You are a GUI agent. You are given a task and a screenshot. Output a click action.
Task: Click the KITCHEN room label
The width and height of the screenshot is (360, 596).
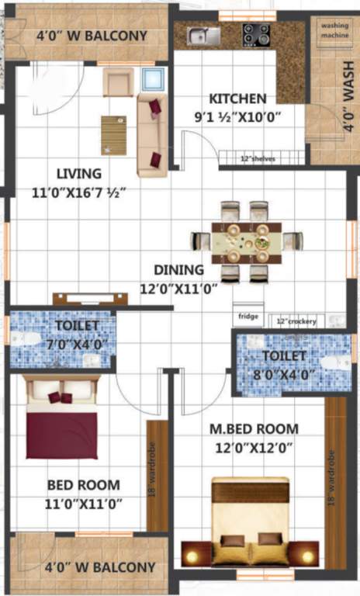pos(238,99)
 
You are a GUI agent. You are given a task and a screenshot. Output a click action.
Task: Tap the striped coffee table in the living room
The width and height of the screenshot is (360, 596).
pos(113,134)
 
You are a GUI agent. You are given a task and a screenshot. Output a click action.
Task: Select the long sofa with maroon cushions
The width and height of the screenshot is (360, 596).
pos(152,134)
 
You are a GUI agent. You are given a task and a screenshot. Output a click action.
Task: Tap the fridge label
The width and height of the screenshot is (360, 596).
pos(247,318)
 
